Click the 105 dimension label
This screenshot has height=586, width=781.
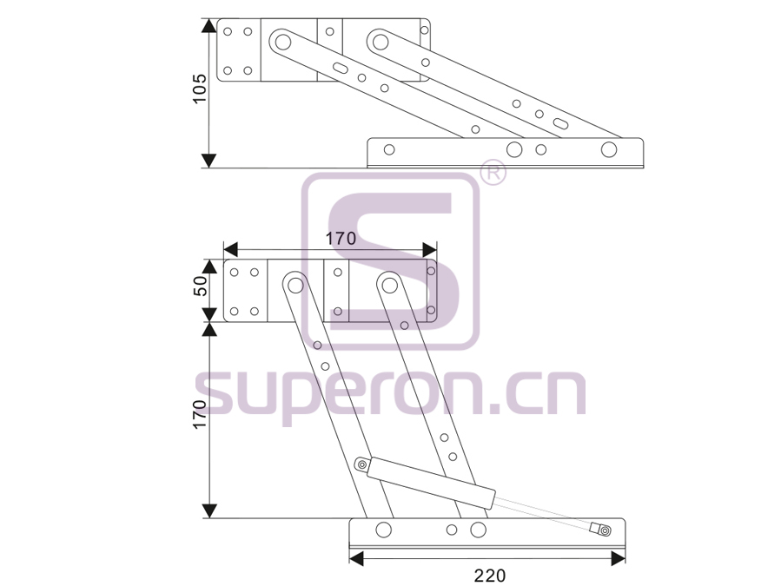[x=199, y=89]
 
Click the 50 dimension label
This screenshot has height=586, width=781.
[x=200, y=286]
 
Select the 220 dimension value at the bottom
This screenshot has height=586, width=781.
[x=490, y=576]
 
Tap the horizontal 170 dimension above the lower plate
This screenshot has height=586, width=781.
[x=341, y=239]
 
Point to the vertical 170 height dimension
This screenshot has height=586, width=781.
[x=199, y=414]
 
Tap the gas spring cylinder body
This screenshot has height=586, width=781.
[x=432, y=483]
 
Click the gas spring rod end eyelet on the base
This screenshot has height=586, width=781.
[x=604, y=530]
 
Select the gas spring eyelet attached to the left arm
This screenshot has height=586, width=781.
[x=361, y=465]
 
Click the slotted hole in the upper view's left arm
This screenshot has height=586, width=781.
[x=341, y=68]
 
